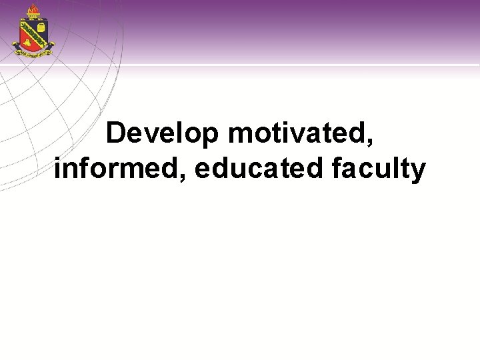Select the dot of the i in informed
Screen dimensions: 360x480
58,158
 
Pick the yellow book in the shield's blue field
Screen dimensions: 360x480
41,28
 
